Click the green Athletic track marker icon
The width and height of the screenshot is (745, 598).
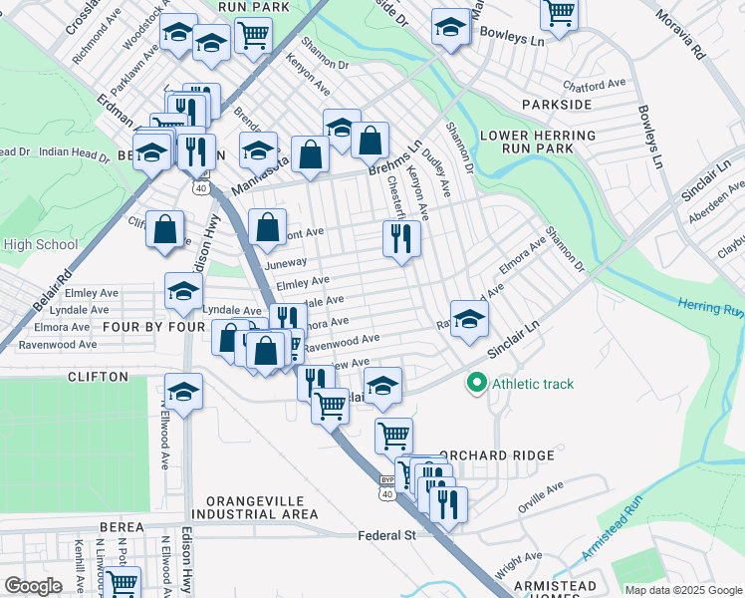[x=476, y=383]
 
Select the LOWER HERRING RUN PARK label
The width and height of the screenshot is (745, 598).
[x=526, y=142]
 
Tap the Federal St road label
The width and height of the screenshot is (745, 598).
[x=386, y=535]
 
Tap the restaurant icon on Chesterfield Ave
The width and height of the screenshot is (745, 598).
[x=401, y=238]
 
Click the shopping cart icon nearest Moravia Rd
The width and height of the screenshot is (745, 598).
[x=559, y=13]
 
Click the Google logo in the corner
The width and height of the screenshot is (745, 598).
[x=33, y=586]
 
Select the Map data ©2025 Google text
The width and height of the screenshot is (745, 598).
[x=683, y=590]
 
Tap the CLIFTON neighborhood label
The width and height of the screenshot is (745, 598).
[x=98, y=377]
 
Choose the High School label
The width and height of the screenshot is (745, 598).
[x=40, y=244]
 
